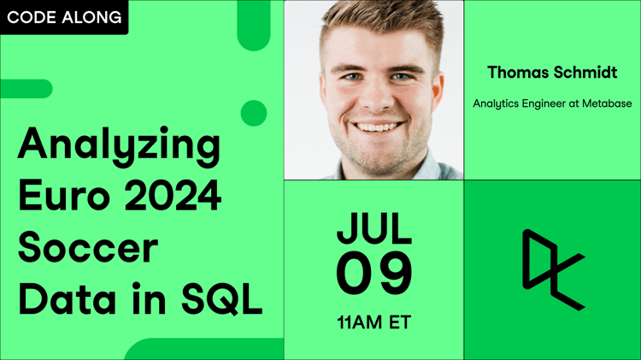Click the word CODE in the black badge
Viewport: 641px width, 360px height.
31,17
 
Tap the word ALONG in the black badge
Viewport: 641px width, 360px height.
91,17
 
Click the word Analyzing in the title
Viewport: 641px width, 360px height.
120,146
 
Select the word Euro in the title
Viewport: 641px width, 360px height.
64,195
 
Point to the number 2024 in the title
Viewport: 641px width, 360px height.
173,195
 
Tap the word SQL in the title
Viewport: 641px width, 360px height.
221,299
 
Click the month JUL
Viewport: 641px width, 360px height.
374,228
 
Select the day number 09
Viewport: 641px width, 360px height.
374,274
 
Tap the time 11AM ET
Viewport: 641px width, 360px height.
374,322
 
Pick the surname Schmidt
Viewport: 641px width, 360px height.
585,73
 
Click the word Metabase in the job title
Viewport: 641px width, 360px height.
607,103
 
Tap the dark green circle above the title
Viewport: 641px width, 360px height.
254,113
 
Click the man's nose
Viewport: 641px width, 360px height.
378,98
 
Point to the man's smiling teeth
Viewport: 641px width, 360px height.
377,127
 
